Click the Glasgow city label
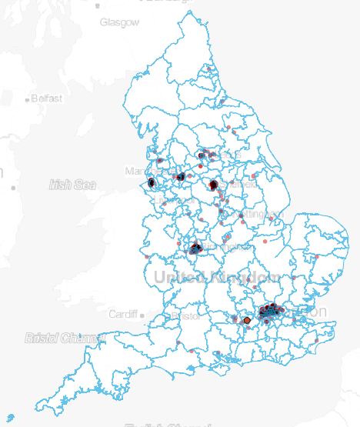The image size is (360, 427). (119, 22)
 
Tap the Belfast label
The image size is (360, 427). (45, 98)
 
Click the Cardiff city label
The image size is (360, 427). (122, 315)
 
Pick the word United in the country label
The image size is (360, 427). (181, 277)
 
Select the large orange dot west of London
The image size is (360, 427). (247, 319)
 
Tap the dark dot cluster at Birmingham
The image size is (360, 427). (195, 249)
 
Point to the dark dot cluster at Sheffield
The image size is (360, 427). (213, 185)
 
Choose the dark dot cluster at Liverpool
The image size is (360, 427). (152, 183)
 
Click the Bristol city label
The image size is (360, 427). (185, 315)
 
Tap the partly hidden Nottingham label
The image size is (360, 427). (262, 213)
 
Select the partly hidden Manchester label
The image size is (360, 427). (138, 171)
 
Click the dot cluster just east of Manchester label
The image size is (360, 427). (180, 177)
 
